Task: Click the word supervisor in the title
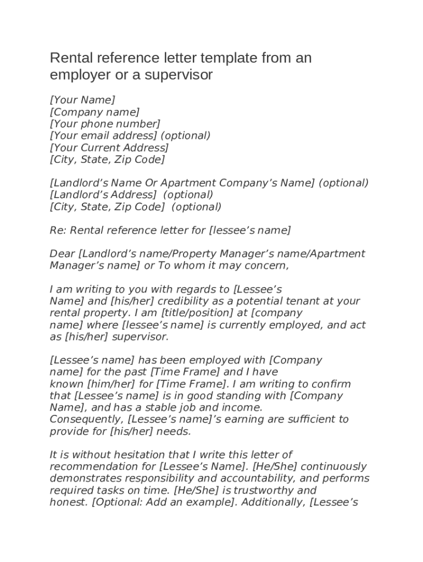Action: (x=179, y=75)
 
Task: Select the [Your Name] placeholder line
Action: (x=82, y=100)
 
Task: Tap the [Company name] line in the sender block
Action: (x=94, y=112)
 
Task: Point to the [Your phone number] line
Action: (x=105, y=124)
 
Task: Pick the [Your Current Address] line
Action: (x=109, y=148)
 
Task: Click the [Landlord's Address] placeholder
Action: (x=103, y=195)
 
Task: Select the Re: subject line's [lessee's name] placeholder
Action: (x=250, y=231)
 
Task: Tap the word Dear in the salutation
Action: (x=63, y=254)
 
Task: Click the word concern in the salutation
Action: (x=266, y=266)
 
